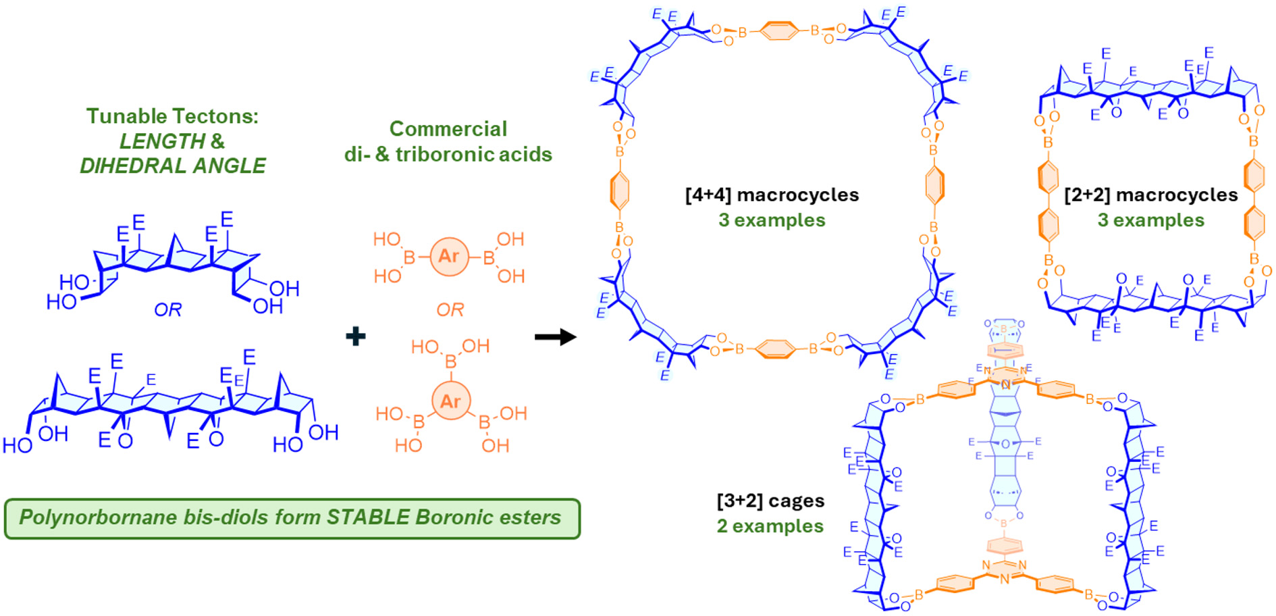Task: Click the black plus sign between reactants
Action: (x=356, y=336)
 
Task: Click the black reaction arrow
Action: (x=555, y=336)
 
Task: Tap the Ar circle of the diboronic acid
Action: (x=449, y=257)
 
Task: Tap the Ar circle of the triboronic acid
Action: (x=450, y=401)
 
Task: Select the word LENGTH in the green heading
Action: (x=162, y=141)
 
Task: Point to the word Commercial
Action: (x=448, y=129)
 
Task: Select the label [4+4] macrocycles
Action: (x=772, y=195)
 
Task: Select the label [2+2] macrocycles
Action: (x=1150, y=195)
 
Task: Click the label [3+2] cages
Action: (x=770, y=501)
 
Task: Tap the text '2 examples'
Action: (x=770, y=526)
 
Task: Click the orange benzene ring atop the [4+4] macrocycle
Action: (x=778, y=30)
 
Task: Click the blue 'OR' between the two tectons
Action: (x=167, y=310)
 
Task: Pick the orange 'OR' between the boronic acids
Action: (x=450, y=310)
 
